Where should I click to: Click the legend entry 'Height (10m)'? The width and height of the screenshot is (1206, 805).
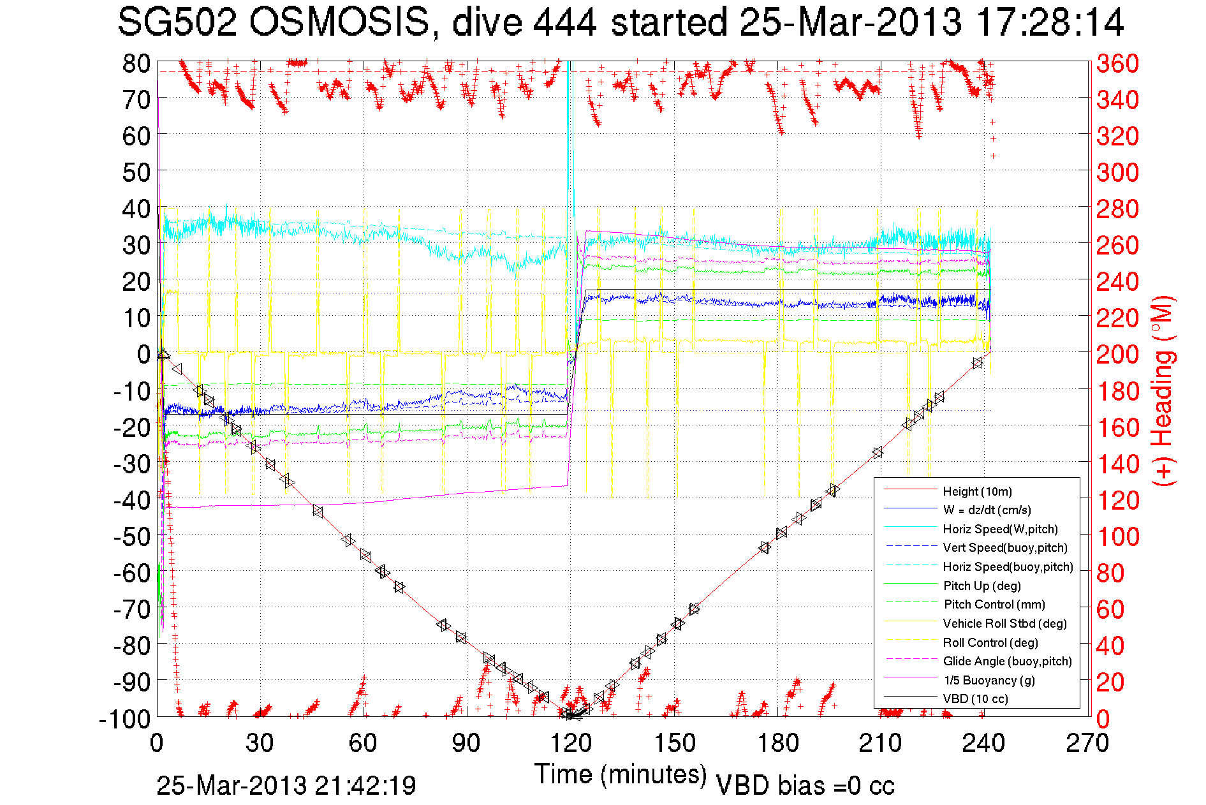click(977, 491)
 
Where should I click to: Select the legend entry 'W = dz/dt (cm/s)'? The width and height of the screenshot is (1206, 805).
click(987, 510)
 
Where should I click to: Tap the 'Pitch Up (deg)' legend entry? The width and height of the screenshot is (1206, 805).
click(982, 586)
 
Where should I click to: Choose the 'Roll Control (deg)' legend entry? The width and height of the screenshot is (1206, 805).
click(990, 642)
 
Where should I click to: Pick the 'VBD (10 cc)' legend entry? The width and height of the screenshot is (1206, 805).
click(975, 698)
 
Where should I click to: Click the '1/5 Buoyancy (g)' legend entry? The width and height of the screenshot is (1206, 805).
click(989, 680)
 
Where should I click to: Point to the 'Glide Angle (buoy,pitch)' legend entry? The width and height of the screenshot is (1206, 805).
click(1007, 661)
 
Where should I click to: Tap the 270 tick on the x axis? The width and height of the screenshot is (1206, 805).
click(1087, 743)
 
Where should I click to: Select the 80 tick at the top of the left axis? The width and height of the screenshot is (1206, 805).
click(136, 63)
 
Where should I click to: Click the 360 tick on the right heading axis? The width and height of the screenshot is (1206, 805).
click(1117, 63)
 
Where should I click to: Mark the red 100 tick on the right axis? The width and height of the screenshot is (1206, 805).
click(1117, 536)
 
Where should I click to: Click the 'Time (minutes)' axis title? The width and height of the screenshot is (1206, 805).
click(620, 774)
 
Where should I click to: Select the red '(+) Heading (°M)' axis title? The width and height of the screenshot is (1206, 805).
click(1163, 390)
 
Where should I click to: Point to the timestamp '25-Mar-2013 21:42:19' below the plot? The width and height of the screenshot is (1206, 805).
click(286, 785)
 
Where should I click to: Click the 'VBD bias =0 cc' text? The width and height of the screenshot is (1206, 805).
click(805, 785)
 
